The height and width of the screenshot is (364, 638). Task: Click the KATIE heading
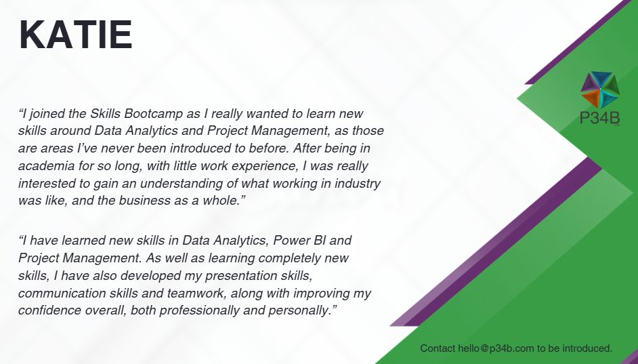coord(76,35)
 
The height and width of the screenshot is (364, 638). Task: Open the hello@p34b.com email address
coord(496,348)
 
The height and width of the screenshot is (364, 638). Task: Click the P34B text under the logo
coord(599,118)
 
